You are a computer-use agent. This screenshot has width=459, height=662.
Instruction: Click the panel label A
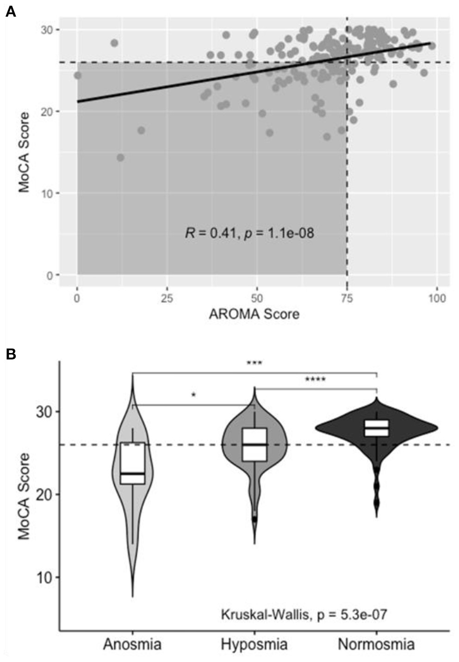(x=10, y=12)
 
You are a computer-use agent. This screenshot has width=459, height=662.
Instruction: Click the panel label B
(x=10, y=354)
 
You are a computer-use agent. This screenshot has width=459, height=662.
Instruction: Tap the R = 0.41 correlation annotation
(x=249, y=233)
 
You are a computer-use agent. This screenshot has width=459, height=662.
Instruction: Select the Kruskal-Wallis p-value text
(x=304, y=614)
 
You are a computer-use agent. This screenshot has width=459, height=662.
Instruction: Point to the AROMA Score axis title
(x=254, y=314)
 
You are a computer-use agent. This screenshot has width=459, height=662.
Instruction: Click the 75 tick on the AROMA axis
(x=347, y=298)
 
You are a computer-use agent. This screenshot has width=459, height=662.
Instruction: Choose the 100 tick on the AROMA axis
(x=437, y=298)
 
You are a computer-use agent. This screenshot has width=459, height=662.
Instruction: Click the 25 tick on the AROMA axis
(x=167, y=298)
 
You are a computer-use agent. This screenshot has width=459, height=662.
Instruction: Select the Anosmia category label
(x=132, y=644)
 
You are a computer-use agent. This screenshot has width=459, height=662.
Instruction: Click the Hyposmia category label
(x=254, y=644)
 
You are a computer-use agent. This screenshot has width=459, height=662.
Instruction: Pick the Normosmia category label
(x=376, y=644)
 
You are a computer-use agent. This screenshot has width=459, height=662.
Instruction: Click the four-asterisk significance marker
(x=315, y=380)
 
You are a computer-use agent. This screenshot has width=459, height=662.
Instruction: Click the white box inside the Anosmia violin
(x=132, y=463)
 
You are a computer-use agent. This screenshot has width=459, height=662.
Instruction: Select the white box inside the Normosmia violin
(x=377, y=428)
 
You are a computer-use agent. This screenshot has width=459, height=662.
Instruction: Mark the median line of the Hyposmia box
(x=254, y=445)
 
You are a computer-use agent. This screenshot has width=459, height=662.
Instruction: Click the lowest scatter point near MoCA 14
(x=120, y=158)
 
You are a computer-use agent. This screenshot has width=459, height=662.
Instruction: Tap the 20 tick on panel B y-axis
(x=44, y=495)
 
